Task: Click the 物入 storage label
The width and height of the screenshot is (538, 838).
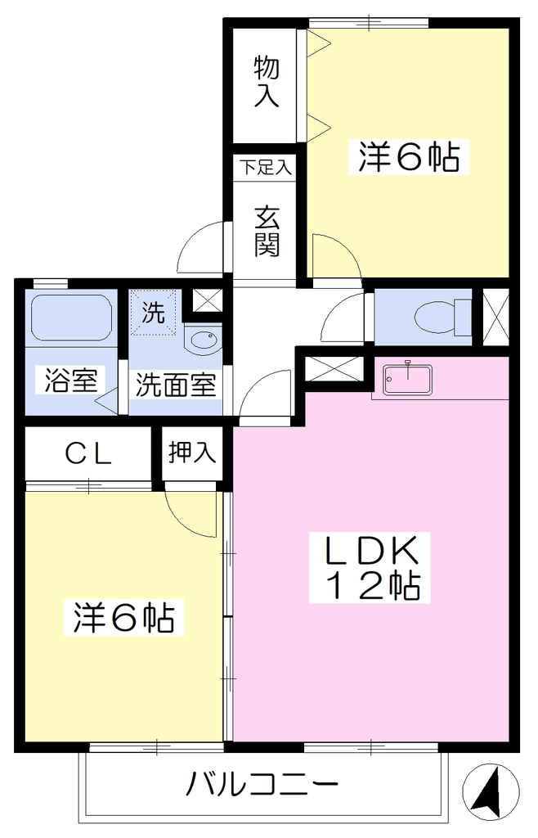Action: tap(266, 82)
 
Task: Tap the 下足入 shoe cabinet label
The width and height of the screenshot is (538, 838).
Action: tap(265, 167)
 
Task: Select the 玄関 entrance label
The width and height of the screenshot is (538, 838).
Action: tap(267, 231)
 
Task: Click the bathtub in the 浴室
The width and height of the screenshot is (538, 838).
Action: tap(71, 318)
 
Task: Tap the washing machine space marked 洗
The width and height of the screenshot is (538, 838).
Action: tap(154, 313)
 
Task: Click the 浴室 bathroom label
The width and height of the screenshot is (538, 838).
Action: tap(71, 380)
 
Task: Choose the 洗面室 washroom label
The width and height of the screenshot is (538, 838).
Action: tap(176, 385)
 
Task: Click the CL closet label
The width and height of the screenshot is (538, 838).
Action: tap(88, 455)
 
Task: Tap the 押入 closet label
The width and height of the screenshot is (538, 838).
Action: tap(192, 452)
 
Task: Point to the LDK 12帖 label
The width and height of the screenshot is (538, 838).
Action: tap(370, 568)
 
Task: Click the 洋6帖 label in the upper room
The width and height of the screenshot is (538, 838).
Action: tap(409, 156)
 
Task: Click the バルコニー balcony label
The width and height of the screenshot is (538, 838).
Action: tap(262, 785)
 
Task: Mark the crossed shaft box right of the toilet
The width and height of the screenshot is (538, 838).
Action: tap(495, 317)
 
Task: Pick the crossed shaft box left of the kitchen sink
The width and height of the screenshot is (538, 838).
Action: tap(334, 369)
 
